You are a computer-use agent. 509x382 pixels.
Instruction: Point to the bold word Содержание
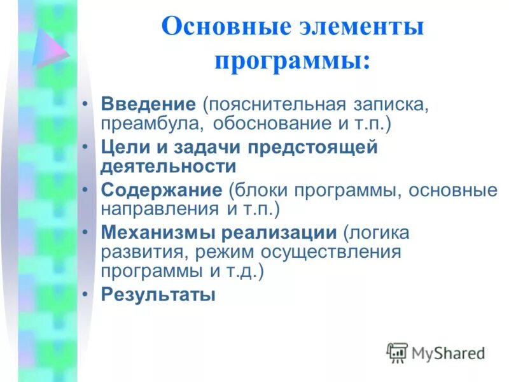[161, 190]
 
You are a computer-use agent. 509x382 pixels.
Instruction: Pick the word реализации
[279, 233]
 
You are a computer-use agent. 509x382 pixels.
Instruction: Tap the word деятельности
[169, 166]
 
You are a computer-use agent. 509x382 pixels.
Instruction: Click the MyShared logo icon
[397, 353]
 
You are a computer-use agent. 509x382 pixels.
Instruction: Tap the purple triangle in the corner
[50, 46]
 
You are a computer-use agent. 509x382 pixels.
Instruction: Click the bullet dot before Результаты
[87, 295]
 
